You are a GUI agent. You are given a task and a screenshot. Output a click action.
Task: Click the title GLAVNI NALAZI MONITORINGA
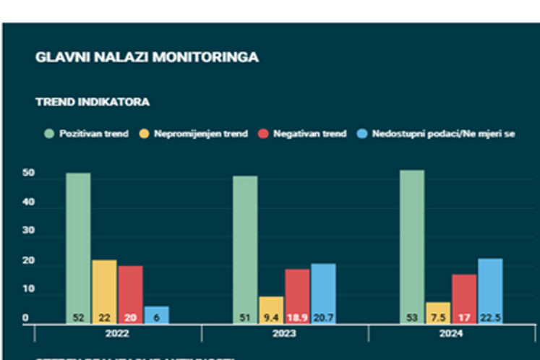tap(146, 57)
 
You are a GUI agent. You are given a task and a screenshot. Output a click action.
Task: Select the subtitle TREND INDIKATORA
tap(93, 102)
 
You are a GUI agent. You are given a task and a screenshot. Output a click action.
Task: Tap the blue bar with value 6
tap(156, 315)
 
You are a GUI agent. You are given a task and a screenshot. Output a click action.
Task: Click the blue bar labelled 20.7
tap(323, 292)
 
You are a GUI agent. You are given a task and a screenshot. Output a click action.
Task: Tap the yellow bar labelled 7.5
tap(438, 312)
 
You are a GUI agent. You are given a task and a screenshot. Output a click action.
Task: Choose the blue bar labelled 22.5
tap(490, 289)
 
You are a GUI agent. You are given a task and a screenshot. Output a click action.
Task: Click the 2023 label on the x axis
tap(284, 334)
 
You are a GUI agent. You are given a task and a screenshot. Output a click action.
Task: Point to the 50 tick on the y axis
tap(28, 174)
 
